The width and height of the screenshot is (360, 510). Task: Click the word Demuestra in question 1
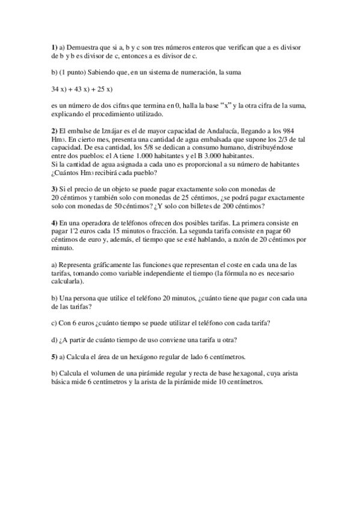pyautogui.click(x=83, y=47)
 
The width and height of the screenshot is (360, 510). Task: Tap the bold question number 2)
pyautogui.click(x=55, y=131)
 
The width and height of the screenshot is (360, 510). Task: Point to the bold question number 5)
pyautogui.click(x=55, y=357)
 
